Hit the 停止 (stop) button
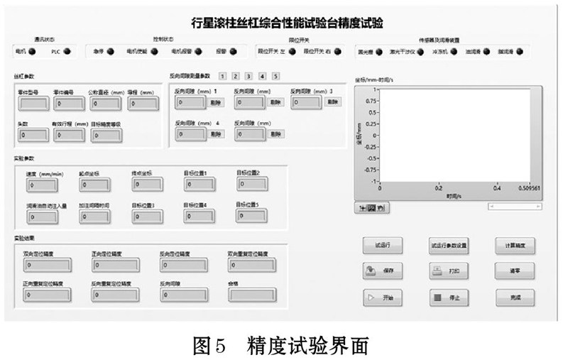point(449,298)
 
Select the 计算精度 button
point(515,245)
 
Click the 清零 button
point(515,271)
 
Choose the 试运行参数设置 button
point(449,245)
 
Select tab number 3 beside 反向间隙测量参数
point(248,75)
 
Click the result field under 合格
point(251,293)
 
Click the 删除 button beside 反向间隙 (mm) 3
point(332,102)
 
